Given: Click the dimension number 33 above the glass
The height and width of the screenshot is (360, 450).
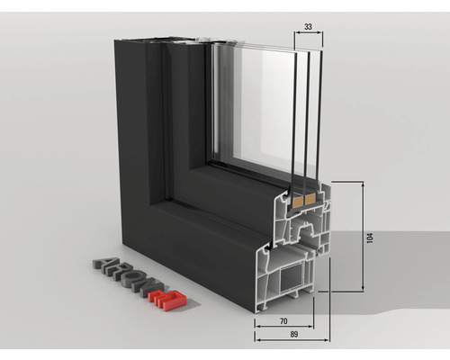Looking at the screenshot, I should point(308,28).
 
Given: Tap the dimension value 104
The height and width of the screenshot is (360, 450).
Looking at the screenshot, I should point(369,238).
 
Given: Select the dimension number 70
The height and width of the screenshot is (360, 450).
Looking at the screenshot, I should point(283,320).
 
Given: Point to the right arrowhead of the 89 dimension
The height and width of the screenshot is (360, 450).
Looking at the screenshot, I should point(328,340).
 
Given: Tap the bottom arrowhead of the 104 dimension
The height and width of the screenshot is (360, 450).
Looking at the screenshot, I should point(363,290).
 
